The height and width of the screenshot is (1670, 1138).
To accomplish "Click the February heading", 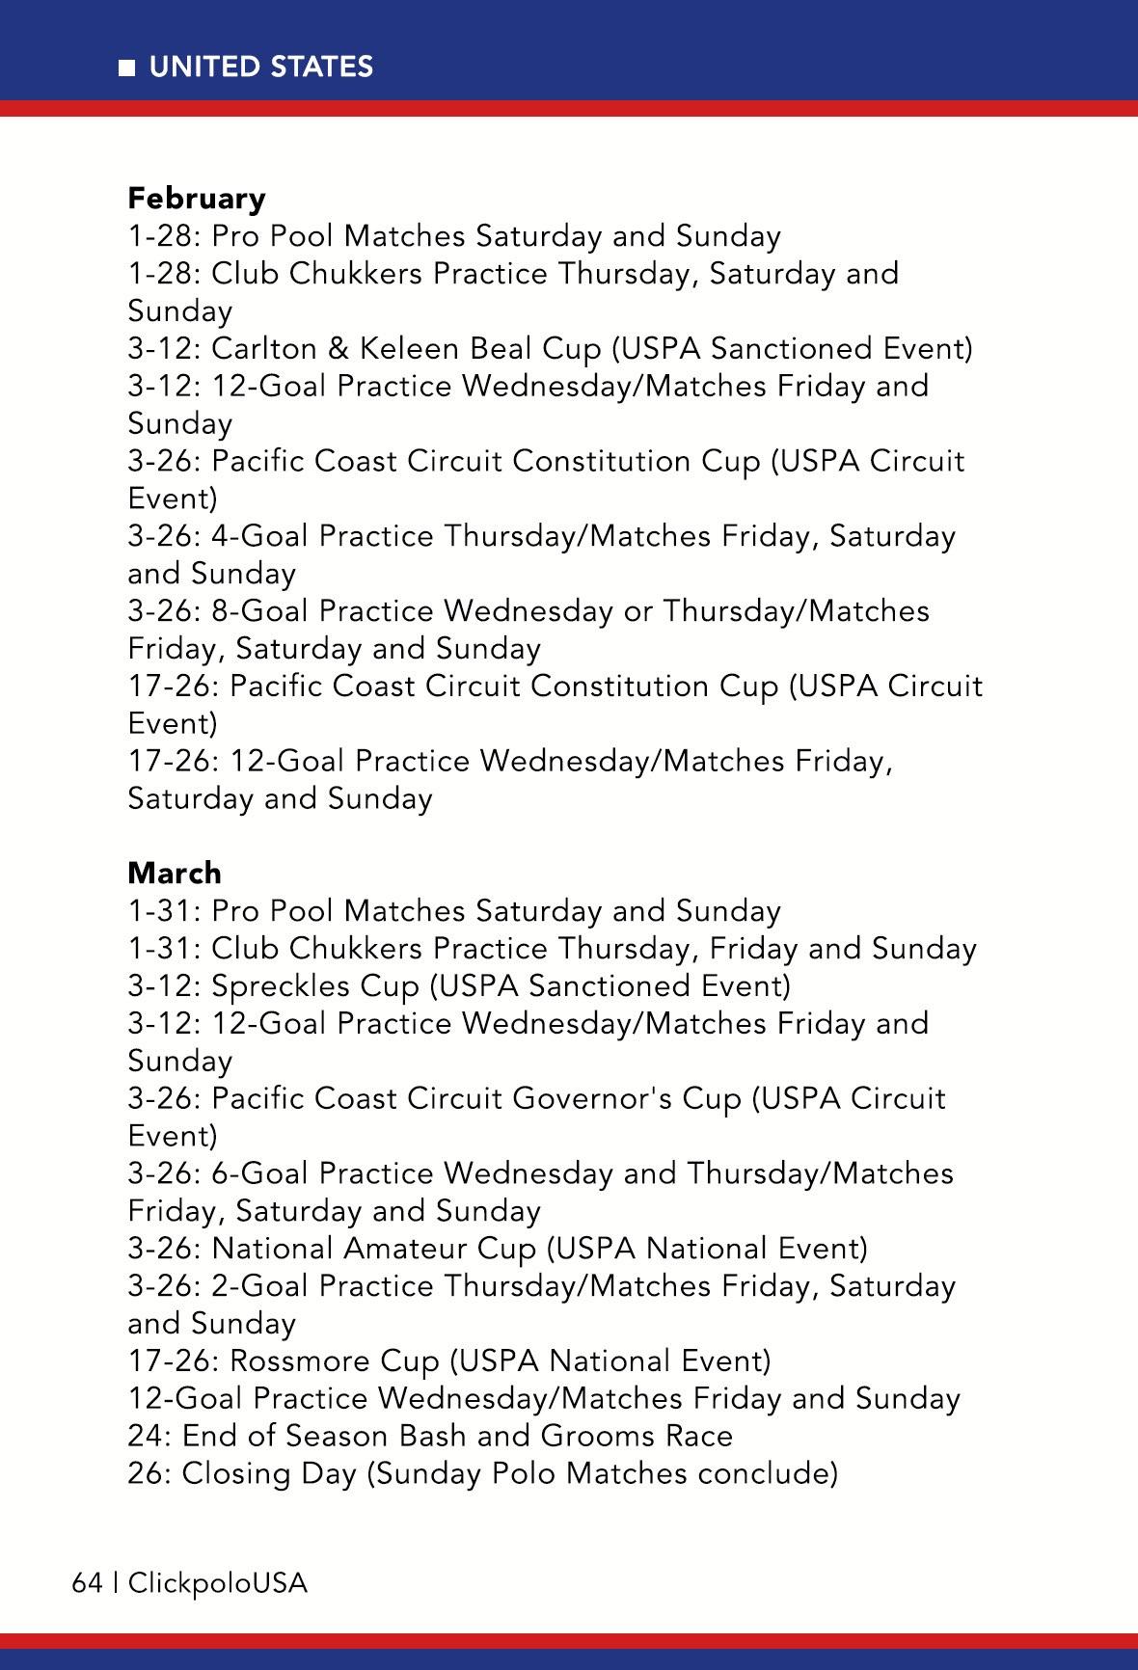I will pyautogui.click(x=197, y=199).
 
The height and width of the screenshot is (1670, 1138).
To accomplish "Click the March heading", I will pyautogui.click(x=175, y=874).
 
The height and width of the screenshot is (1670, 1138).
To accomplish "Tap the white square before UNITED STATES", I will pyautogui.click(x=127, y=67).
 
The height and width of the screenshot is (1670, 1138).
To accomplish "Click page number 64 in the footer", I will pyautogui.click(x=87, y=1583).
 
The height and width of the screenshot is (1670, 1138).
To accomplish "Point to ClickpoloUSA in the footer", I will pyautogui.click(x=218, y=1583).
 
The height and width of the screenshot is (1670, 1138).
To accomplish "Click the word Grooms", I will pyautogui.click(x=599, y=1437).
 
